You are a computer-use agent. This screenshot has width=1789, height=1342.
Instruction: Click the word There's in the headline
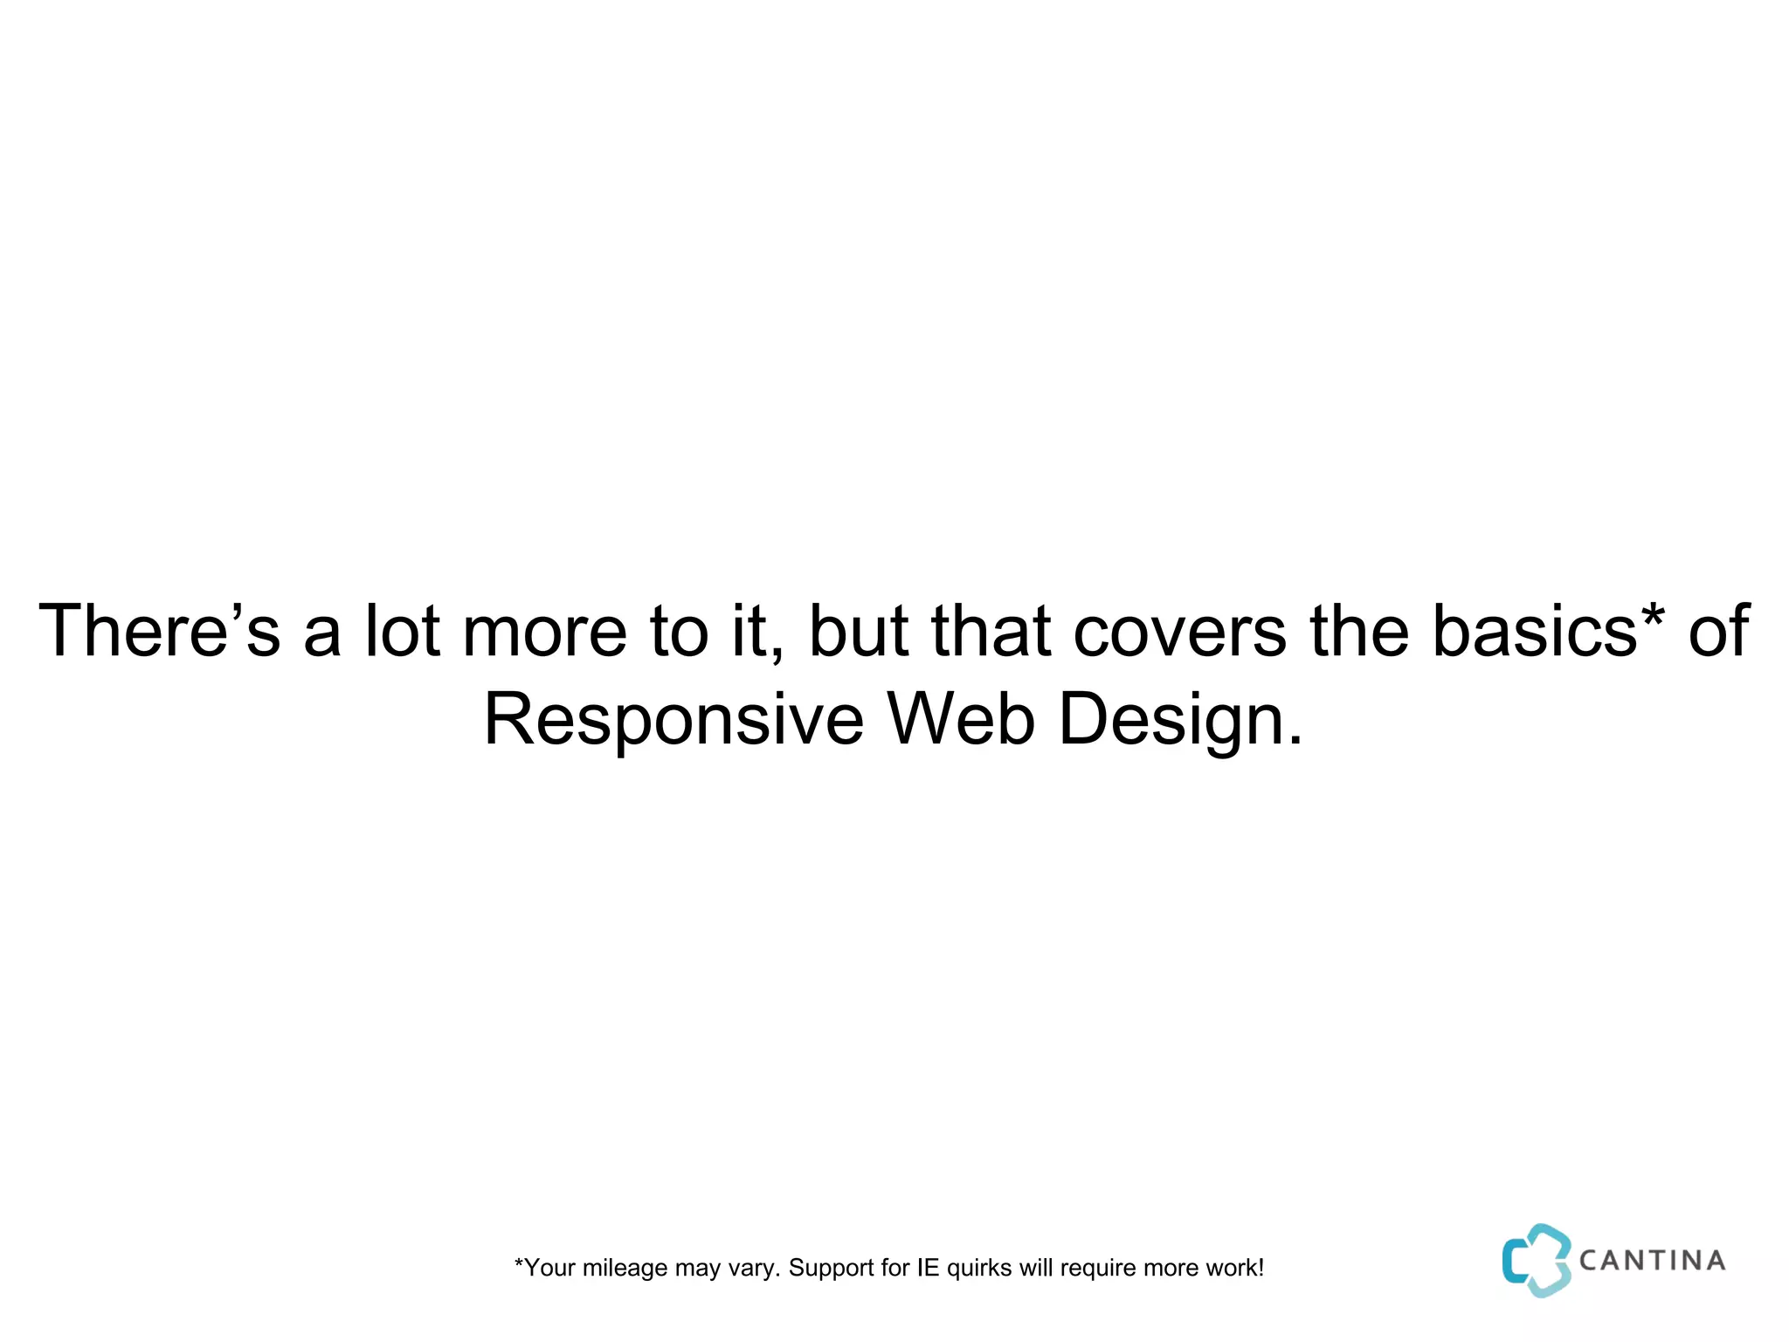coord(159,631)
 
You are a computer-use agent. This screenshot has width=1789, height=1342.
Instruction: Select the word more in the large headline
coord(544,631)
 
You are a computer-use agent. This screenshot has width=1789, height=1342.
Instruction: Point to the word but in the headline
coord(858,631)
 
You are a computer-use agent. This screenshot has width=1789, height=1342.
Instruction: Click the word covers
coord(1178,631)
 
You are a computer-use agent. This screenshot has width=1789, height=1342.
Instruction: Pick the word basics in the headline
coord(1534,631)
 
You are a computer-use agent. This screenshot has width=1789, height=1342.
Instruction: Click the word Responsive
coord(673,720)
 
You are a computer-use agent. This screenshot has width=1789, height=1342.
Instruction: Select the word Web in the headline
coord(961,720)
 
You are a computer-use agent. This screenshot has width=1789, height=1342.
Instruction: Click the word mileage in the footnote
coord(625,1268)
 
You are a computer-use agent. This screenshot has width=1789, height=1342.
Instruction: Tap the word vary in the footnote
coord(753,1269)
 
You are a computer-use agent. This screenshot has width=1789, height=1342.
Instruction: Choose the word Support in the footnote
coord(831,1268)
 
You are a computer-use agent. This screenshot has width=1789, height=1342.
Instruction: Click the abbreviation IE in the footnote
coord(927,1268)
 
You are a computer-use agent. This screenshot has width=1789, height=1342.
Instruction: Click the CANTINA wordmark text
coord(1652,1261)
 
